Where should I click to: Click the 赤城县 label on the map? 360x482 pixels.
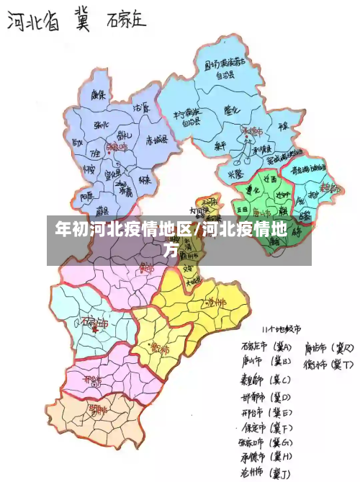(157, 139)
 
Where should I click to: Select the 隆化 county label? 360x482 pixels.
(232, 110)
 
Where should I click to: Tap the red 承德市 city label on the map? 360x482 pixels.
(252, 133)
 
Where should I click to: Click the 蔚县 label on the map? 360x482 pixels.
(102, 210)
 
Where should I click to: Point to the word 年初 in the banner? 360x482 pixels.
(69, 231)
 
